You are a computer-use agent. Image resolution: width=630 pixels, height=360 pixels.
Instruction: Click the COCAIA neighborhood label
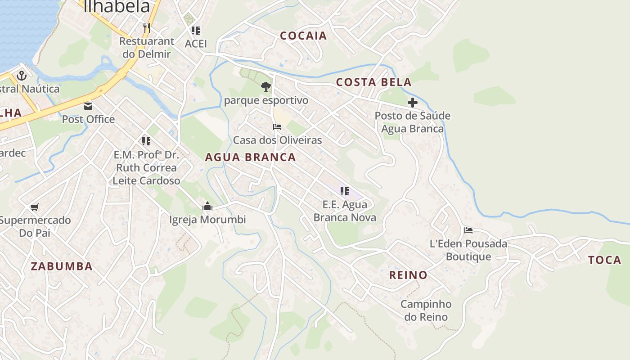(x=303, y=36)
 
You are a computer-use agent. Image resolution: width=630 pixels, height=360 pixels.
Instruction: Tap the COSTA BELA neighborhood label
(x=373, y=82)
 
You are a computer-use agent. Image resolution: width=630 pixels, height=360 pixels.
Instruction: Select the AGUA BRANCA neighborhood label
(x=250, y=157)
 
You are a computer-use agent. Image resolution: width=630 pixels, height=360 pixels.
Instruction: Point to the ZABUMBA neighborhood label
(x=62, y=266)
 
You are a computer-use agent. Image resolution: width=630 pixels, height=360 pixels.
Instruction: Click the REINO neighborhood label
(x=408, y=275)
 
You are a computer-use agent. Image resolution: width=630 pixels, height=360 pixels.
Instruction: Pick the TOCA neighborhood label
(x=605, y=260)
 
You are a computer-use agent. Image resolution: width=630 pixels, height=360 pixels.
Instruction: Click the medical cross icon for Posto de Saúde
(x=412, y=103)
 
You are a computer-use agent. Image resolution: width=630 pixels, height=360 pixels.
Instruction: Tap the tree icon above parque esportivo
(x=266, y=86)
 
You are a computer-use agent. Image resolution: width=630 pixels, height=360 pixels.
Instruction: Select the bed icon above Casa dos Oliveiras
(x=277, y=127)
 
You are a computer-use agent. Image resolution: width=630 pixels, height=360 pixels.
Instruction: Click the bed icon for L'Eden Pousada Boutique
(x=468, y=230)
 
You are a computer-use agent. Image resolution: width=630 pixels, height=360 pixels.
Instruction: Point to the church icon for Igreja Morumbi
(x=207, y=206)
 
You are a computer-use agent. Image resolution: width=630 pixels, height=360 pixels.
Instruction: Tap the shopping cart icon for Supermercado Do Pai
(x=35, y=207)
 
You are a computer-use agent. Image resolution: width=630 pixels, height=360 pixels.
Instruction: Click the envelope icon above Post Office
(x=88, y=106)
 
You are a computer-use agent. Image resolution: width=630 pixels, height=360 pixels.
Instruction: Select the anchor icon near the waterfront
(x=21, y=76)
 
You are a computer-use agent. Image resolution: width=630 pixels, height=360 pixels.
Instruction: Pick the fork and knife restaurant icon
(x=146, y=28)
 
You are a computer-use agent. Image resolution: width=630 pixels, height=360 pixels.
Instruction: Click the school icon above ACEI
(x=196, y=31)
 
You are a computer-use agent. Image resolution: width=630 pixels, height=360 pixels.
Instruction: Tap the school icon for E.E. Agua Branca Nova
(x=345, y=191)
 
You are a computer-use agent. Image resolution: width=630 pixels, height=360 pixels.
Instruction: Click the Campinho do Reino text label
(x=426, y=310)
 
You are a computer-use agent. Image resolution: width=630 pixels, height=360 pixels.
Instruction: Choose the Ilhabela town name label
(x=116, y=6)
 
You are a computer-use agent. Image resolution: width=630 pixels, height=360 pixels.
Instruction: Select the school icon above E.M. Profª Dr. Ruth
(x=146, y=141)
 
